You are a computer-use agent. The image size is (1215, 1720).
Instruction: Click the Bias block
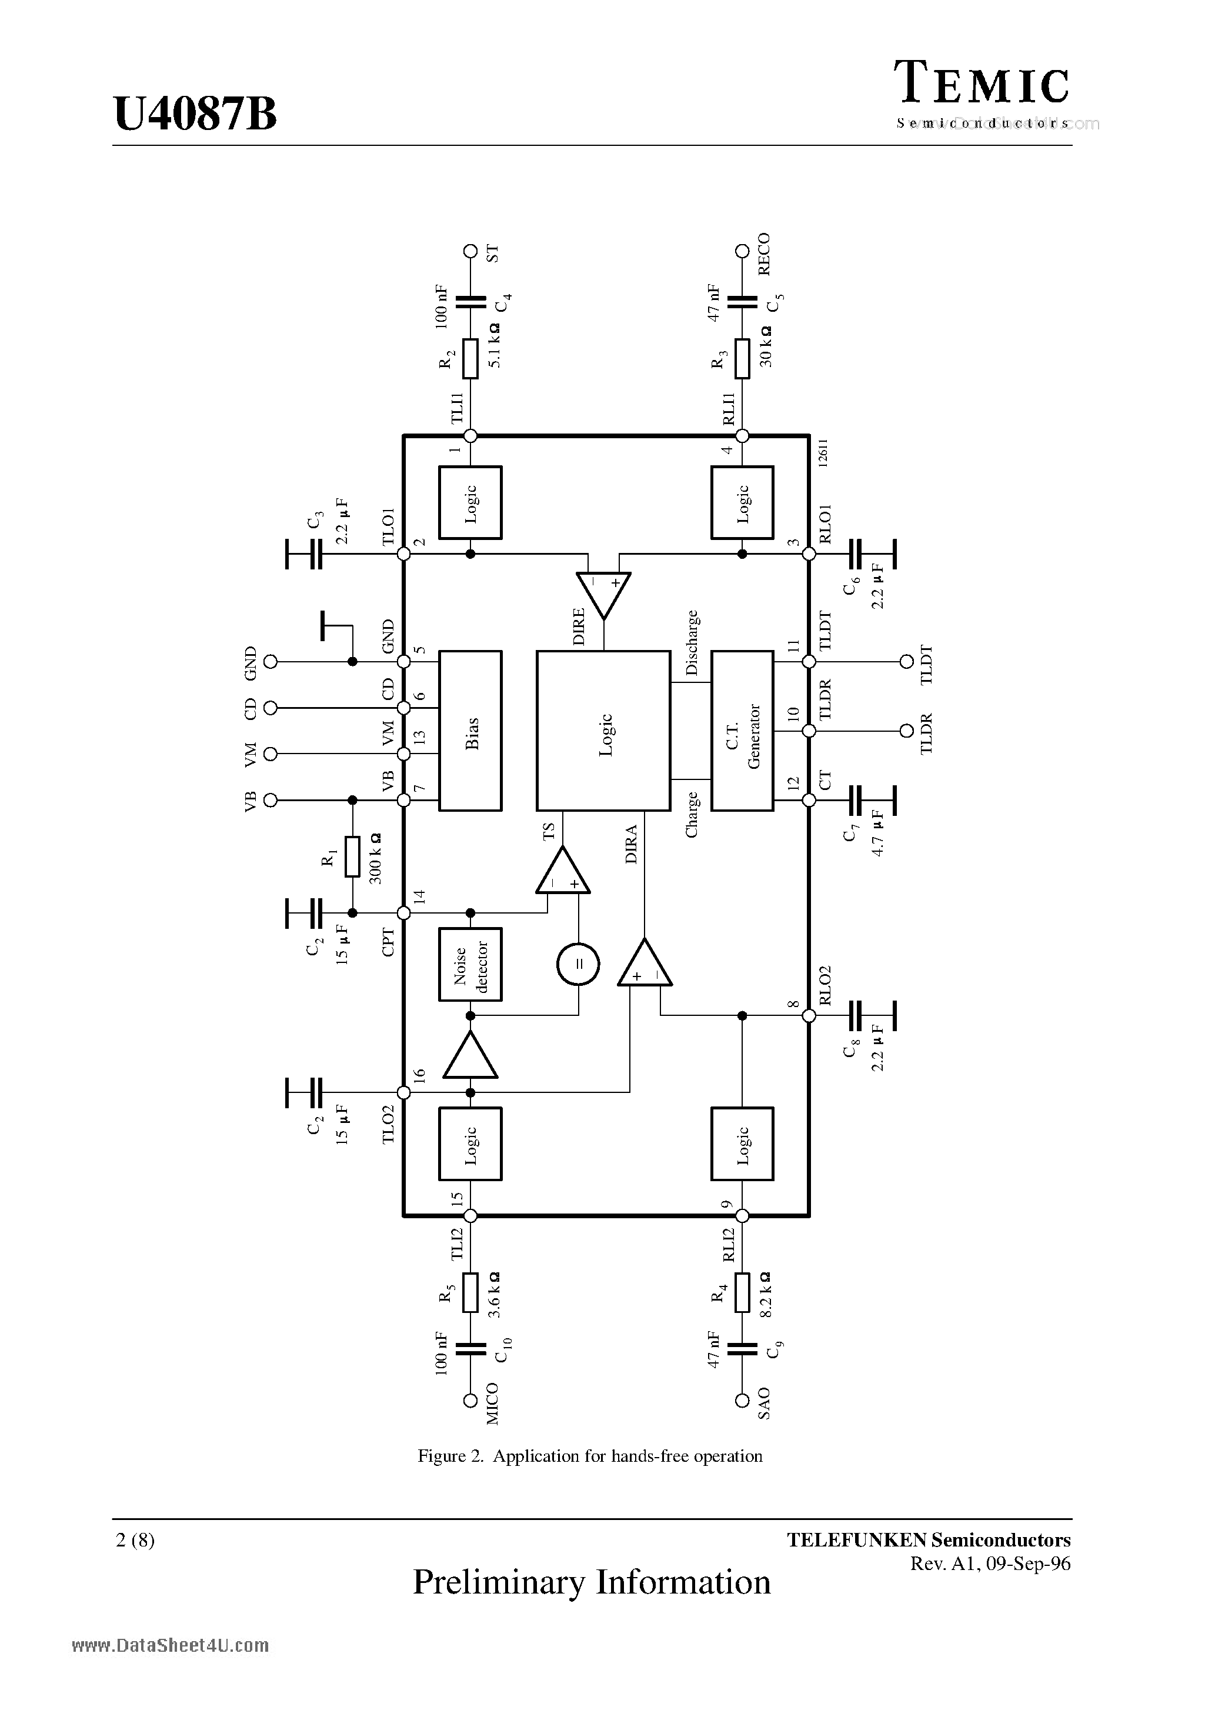point(470,731)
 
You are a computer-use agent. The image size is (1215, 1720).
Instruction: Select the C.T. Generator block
point(742,731)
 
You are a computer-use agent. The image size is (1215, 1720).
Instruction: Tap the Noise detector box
point(470,964)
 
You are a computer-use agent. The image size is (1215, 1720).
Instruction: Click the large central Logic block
point(603,731)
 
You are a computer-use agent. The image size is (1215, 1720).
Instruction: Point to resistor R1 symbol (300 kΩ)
point(352,856)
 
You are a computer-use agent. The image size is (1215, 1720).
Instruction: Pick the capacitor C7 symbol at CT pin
point(857,800)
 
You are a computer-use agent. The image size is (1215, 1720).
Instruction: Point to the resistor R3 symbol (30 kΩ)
point(742,359)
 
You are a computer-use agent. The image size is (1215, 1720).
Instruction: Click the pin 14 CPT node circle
point(404,913)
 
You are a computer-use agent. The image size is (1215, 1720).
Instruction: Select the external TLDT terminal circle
point(906,662)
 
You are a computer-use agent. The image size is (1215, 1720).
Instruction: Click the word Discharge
point(692,643)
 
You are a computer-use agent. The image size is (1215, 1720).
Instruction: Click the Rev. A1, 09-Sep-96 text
point(990,1564)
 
